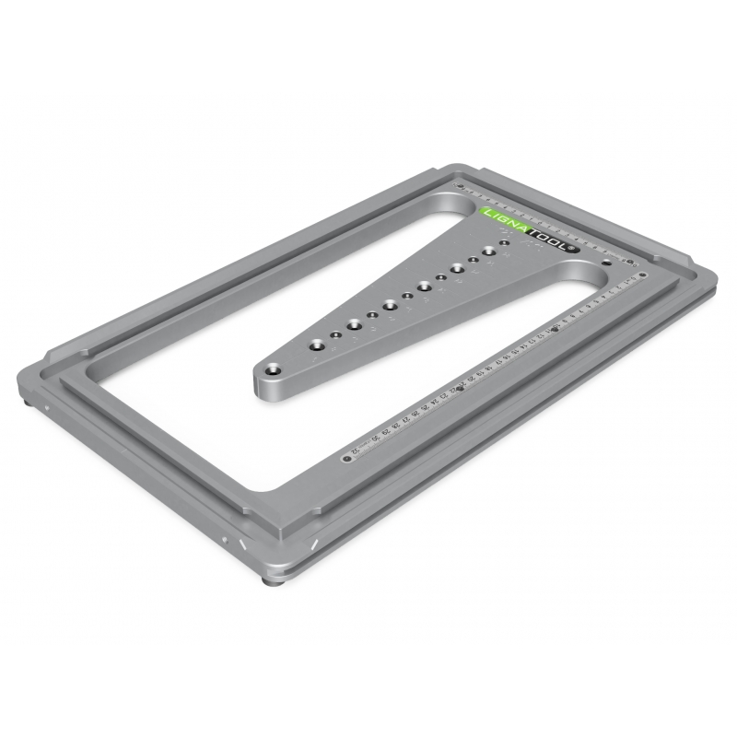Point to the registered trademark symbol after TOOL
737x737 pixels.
572,248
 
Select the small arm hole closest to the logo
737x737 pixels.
504,244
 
